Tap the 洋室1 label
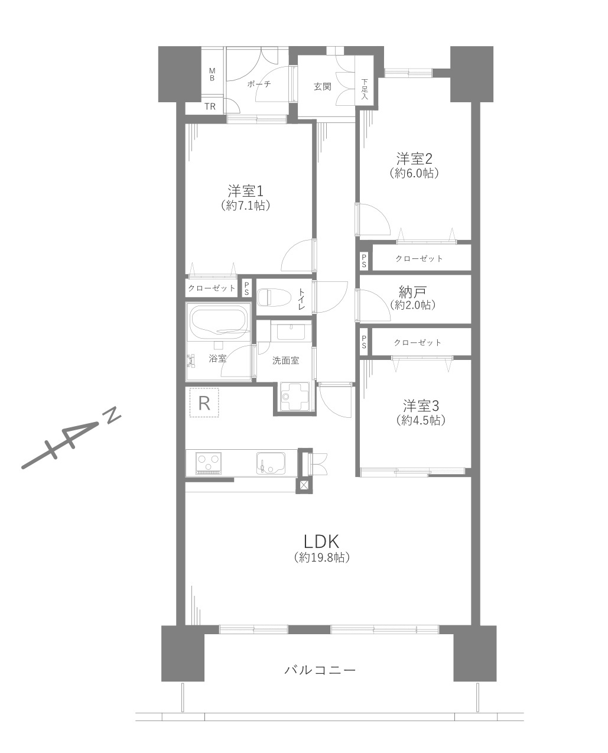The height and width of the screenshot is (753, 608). point(246,192)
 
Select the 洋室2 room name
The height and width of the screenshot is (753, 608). point(414,159)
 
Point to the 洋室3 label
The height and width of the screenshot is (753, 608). point(421,406)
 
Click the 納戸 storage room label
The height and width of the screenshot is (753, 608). point(412,291)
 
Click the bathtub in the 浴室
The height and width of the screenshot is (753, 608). point(219,322)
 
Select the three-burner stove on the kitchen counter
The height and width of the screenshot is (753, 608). point(209,463)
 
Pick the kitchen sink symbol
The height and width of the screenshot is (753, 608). point(271,463)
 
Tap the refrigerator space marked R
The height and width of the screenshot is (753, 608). point(204,403)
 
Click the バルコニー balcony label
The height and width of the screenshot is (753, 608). point(320,670)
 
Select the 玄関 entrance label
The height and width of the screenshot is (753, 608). point(323,87)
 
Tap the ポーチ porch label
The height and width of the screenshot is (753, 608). point(259,84)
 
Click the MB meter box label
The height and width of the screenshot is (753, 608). point(212,74)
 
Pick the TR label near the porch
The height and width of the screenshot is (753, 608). point(210,106)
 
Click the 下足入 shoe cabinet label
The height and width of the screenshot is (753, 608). point(364,89)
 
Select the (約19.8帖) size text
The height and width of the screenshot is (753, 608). point(321,558)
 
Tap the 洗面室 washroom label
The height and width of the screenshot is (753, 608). point(285,360)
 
